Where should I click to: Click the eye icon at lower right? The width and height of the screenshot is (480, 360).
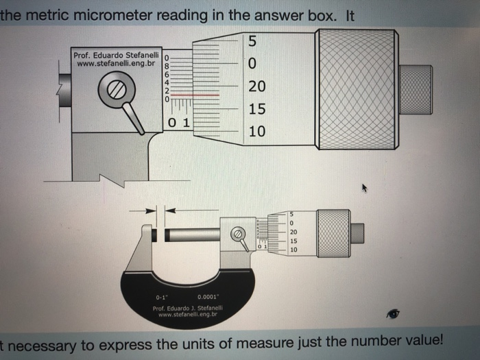[393, 313]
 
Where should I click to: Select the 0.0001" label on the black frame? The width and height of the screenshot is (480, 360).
[207, 297]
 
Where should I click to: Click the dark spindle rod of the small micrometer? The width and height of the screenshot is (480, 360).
[191, 236]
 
